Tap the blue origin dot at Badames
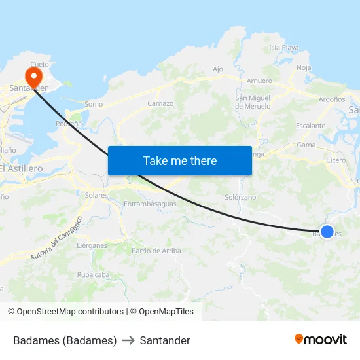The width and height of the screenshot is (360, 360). tap(327, 231)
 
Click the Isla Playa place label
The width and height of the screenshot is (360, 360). tap(284, 48)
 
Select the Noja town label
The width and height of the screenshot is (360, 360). tap(304, 67)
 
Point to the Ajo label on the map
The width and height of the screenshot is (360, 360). tap(218, 69)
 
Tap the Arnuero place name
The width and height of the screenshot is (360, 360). tap(259, 81)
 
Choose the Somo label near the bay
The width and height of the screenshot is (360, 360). tap(94, 104)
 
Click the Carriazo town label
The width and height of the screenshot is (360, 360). tap(160, 103)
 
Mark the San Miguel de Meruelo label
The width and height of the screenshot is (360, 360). tap(253, 102)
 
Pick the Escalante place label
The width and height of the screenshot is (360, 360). tap(310, 126)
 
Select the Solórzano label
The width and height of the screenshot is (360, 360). tap(240, 197)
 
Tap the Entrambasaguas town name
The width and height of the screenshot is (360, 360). tap(150, 204)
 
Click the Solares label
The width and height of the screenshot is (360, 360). tap(96, 195)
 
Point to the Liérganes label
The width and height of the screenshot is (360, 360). tap(92, 245)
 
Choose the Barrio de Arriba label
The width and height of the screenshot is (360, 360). tap(156, 251)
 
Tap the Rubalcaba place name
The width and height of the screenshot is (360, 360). tap(94, 275)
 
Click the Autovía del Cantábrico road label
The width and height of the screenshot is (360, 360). tap(56, 239)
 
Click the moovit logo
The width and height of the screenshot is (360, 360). tap(320, 339)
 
